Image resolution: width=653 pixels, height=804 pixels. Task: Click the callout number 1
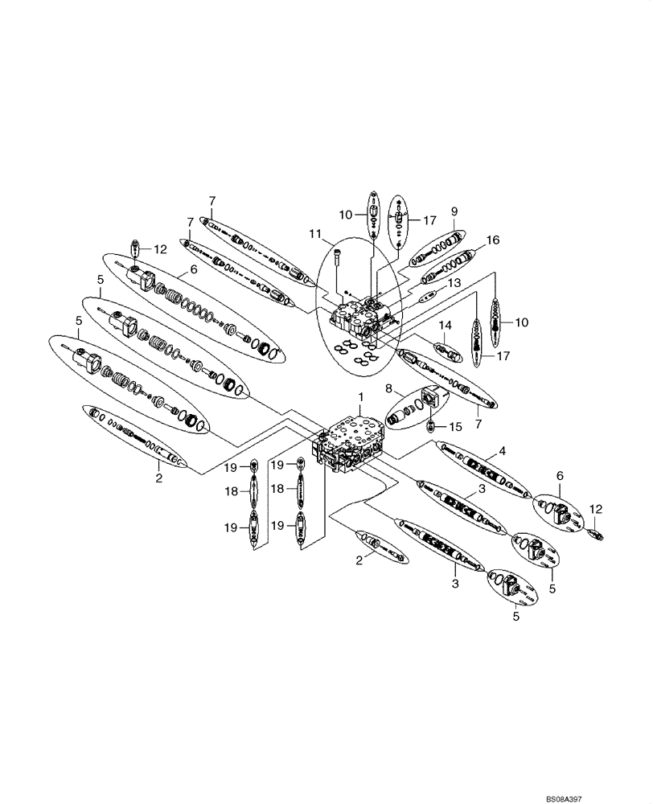[x=361, y=397]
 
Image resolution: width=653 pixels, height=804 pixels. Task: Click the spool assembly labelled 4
[x=481, y=474]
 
